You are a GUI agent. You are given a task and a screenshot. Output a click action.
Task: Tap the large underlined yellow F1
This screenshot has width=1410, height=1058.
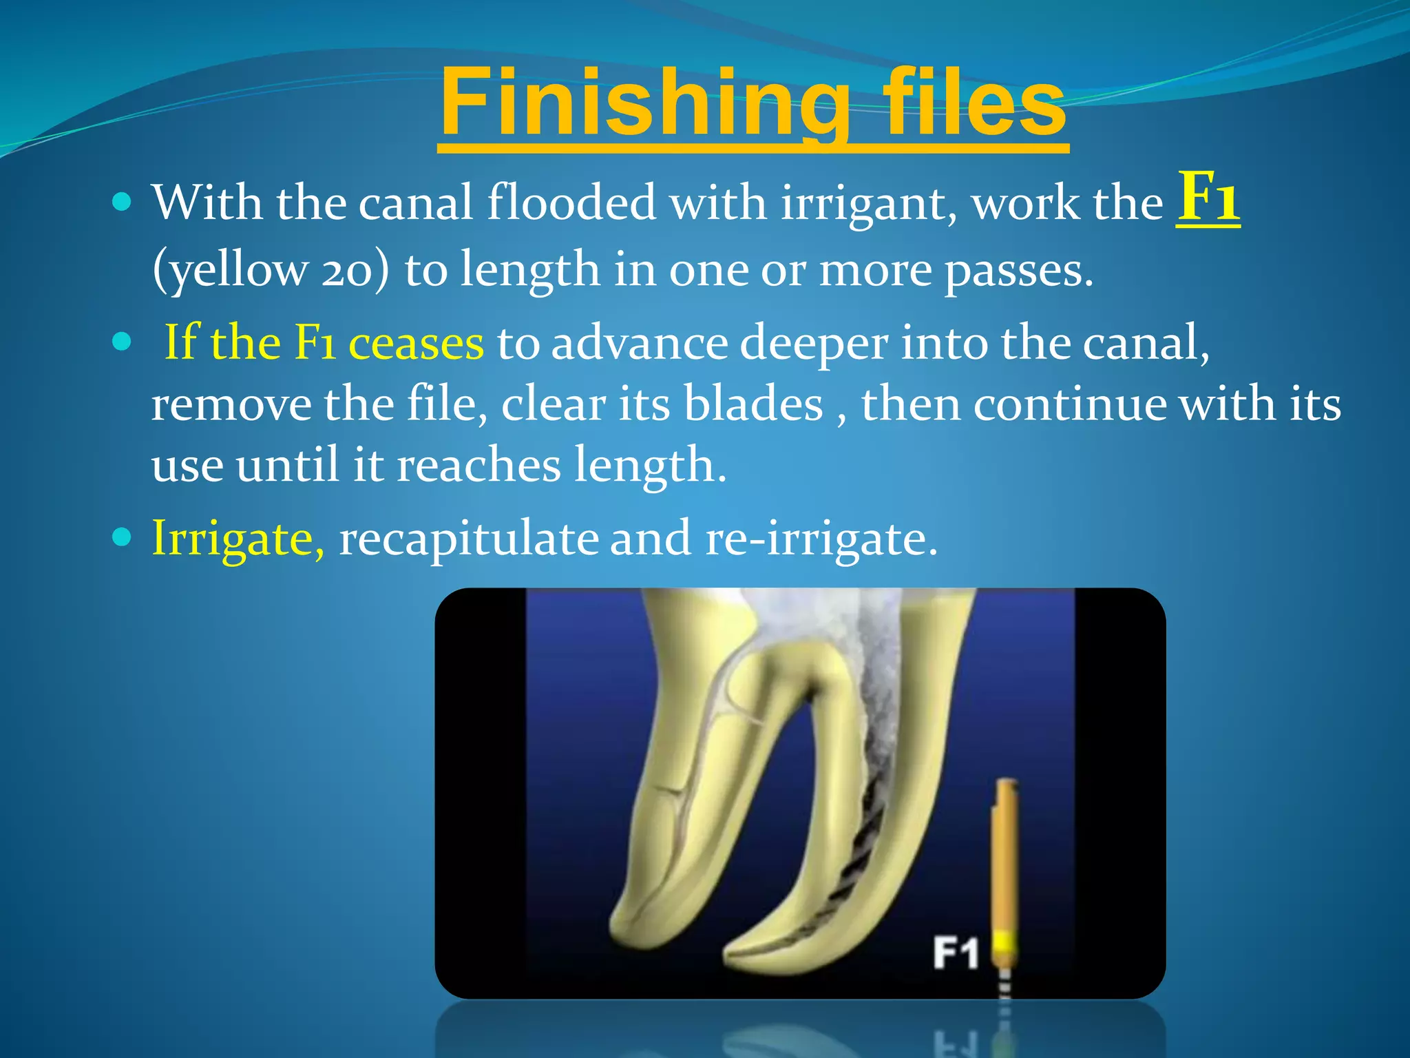pos(1208,198)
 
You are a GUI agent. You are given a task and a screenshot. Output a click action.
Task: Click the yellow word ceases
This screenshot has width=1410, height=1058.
pos(417,342)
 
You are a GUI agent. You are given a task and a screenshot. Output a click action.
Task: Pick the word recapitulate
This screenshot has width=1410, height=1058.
pos(468,538)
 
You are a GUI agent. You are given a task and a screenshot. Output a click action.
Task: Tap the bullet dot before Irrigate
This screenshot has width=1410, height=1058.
pos(121,537)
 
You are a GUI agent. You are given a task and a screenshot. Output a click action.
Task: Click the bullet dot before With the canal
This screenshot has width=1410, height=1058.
pos(121,202)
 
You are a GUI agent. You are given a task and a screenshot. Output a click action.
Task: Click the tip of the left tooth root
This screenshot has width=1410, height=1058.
pos(623,926)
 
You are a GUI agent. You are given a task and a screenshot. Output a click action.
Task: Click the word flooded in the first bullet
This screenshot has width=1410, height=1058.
pos(571,204)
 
